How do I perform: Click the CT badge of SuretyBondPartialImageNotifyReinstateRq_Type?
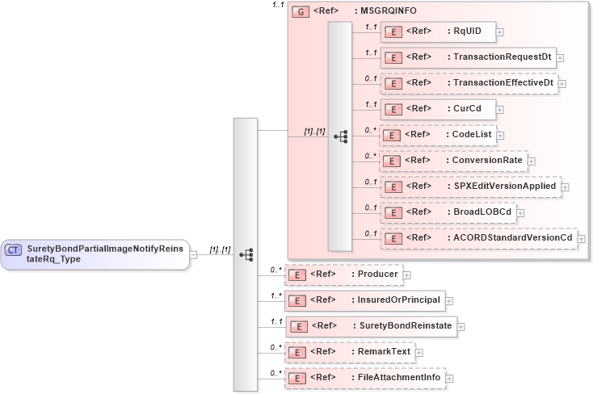pos(14,250)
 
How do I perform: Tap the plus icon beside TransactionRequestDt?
pos(560,58)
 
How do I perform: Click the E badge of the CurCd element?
pos(393,109)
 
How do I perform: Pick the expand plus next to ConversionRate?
pos(531,161)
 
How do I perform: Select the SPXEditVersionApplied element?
pos(473,186)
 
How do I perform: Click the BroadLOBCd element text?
pos(482,212)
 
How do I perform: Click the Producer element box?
pos(344,275)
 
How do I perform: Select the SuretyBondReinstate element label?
pos(404,326)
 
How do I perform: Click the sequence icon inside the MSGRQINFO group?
pos(340,136)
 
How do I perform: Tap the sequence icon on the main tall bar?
pos(246,254)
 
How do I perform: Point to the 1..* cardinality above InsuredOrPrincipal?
pos(275,295)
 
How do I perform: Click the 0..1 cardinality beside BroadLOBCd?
pos(371,207)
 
